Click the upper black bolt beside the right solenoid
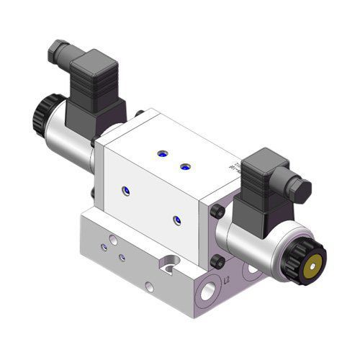[x=217, y=211]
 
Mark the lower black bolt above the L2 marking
[x=218, y=258]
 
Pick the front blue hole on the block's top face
[x=184, y=166]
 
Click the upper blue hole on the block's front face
[x=128, y=190]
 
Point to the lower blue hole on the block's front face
[x=175, y=219]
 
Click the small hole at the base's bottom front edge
[x=149, y=286]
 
